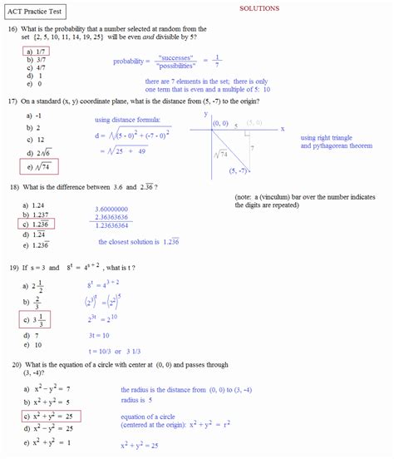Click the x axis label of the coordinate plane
(282, 129)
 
